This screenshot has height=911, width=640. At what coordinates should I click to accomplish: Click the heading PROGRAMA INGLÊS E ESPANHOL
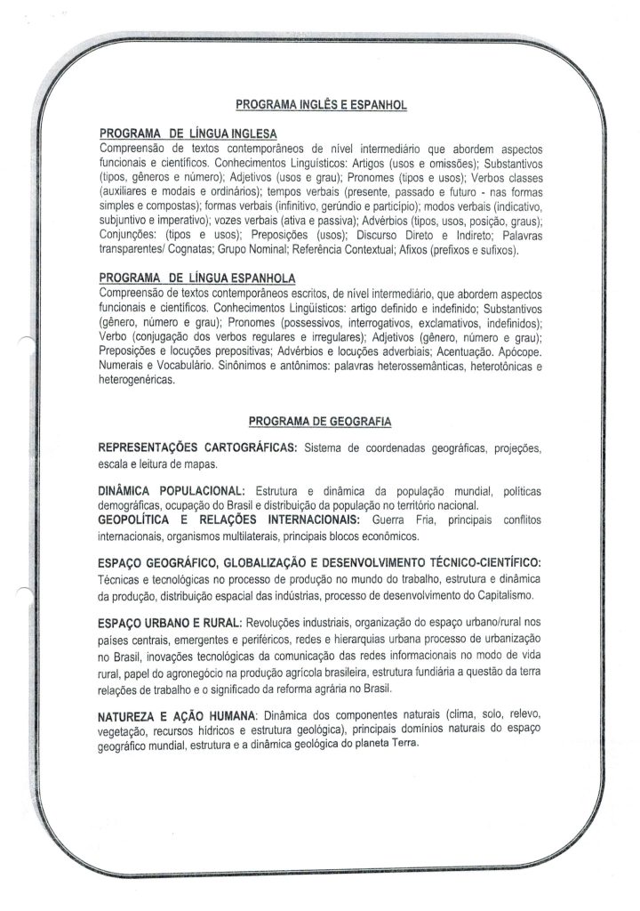click(x=321, y=105)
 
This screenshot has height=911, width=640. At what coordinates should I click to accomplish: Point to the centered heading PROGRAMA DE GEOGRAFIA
click(x=321, y=421)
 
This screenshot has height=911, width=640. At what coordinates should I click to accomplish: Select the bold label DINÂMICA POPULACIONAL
click(x=171, y=491)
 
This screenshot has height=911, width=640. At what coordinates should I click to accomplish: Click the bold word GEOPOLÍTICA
click(x=137, y=520)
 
